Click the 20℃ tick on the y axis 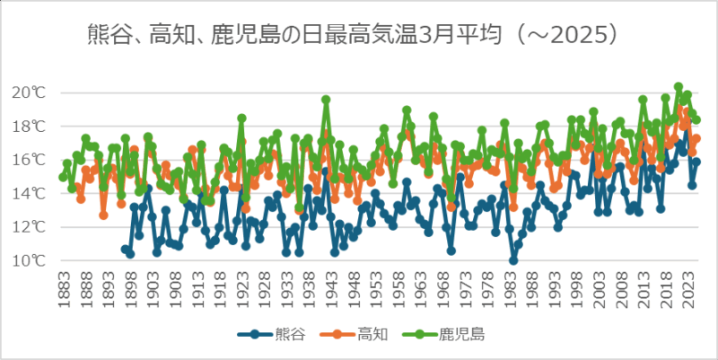[x=29, y=92]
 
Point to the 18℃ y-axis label [x=29, y=127]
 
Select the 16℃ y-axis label [x=29, y=160]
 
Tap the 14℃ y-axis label [x=29, y=193]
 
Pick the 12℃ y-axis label [x=29, y=227]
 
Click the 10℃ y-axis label [x=29, y=260]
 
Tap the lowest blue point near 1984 [x=513, y=260]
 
